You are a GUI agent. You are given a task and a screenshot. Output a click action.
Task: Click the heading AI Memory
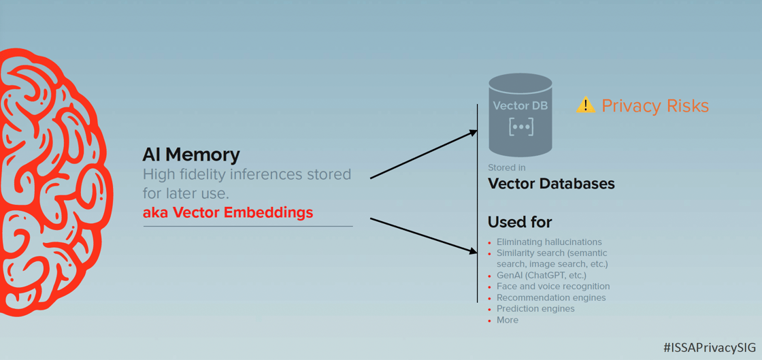coord(191,155)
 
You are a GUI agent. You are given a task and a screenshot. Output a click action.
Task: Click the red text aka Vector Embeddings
coord(228,212)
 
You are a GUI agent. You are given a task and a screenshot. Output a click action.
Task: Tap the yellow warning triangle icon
coord(585,105)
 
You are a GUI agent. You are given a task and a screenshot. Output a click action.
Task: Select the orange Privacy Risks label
coord(655,106)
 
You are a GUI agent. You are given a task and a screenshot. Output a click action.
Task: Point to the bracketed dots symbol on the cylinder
coord(521,127)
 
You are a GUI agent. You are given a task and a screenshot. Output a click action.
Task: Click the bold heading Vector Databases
coord(551,184)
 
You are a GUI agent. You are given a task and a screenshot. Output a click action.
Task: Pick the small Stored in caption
coord(506,167)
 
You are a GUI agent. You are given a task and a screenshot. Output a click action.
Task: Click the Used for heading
coord(520,222)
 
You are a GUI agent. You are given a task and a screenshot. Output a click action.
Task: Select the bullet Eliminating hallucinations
coord(549,242)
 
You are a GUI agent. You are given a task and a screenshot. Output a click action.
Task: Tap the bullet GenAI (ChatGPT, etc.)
coord(541,276)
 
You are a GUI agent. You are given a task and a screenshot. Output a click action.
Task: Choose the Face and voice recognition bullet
coord(553,287)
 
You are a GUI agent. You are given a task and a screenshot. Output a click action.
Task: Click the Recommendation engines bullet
coord(551,297)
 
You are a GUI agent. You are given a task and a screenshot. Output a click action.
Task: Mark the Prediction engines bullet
coord(535,308)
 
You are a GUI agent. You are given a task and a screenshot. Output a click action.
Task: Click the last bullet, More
coord(508,320)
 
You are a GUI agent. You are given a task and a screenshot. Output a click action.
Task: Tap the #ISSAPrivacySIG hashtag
coord(709,347)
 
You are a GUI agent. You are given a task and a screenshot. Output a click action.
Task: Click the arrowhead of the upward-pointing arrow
coord(474,132)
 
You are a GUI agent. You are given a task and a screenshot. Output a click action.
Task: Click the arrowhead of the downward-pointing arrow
coord(474,251)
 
